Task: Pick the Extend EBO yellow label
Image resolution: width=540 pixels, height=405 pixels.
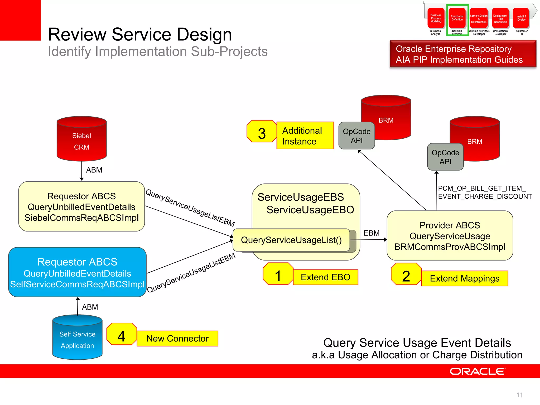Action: (325, 277)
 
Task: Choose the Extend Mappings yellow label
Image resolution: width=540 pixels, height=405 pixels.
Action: (465, 278)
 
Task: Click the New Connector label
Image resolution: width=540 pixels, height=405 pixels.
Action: (177, 339)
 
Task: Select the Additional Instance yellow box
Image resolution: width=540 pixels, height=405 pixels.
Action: (305, 136)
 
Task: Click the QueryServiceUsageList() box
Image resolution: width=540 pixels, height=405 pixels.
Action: (291, 240)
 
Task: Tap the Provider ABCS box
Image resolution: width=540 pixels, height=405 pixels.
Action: (450, 236)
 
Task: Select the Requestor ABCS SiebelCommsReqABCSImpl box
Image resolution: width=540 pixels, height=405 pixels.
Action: (81, 207)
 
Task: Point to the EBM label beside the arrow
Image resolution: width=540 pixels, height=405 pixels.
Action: (372, 233)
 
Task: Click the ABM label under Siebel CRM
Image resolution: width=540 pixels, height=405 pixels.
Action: (94, 170)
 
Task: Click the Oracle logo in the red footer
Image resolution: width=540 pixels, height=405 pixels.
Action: (478, 372)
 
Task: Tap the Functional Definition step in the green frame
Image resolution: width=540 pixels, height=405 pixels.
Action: (457, 18)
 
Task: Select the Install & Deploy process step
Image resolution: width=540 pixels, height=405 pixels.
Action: (521, 18)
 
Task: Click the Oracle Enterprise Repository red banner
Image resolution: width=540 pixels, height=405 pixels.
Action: (463, 54)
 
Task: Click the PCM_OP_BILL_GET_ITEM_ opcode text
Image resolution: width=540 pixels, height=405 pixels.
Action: (481, 188)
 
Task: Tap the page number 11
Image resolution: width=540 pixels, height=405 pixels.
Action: (519, 395)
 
